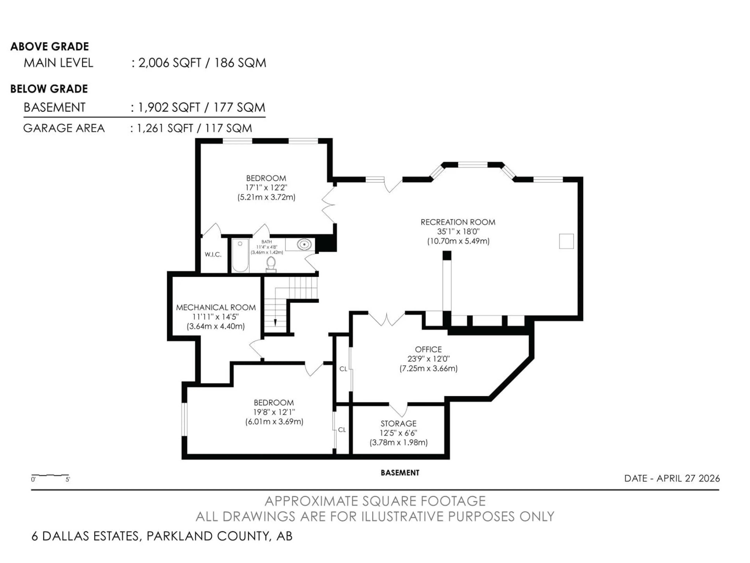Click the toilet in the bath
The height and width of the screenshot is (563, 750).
tap(271, 264)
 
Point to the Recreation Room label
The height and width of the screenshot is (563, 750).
tap(458, 222)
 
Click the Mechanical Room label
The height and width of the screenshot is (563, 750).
tap(216, 307)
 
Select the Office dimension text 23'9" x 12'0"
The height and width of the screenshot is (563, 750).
tap(429, 359)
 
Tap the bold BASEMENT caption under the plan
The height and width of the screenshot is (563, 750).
tap(400, 473)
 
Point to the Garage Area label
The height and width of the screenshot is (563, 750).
tap(64, 128)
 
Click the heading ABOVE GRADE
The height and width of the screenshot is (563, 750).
tap(49, 47)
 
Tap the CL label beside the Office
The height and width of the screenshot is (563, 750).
tap(343, 369)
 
